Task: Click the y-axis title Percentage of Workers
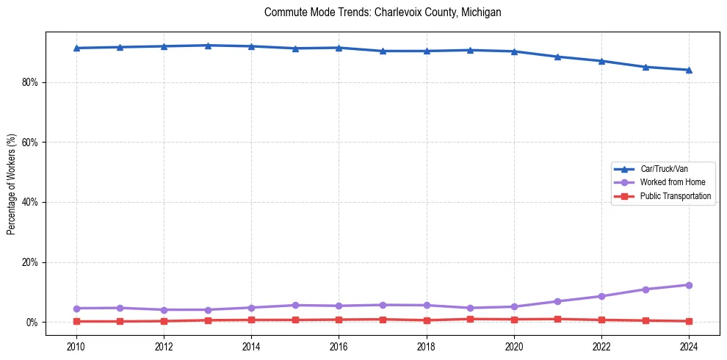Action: point(12,184)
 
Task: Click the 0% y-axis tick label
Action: point(32,323)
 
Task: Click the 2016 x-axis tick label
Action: point(339,345)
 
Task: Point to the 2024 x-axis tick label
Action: point(689,345)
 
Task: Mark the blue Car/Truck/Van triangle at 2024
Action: point(689,70)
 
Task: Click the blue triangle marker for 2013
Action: point(208,46)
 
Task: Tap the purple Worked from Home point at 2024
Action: point(689,285)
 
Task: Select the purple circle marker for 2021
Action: point(557,301)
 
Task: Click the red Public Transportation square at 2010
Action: point(76,321)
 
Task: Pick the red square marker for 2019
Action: point(470,319)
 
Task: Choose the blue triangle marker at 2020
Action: point(514,51)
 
